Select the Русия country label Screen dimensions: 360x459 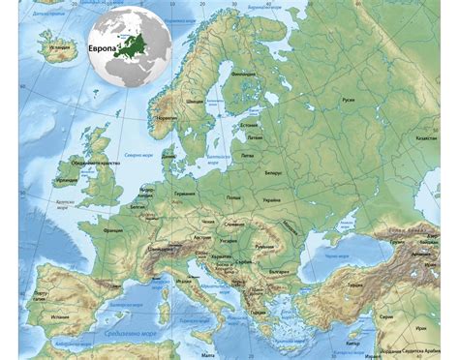click(348, 99)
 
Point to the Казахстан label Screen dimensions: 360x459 click(427, 137)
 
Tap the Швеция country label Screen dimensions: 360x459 click(195, 100)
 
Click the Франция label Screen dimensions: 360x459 click(113, 231)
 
